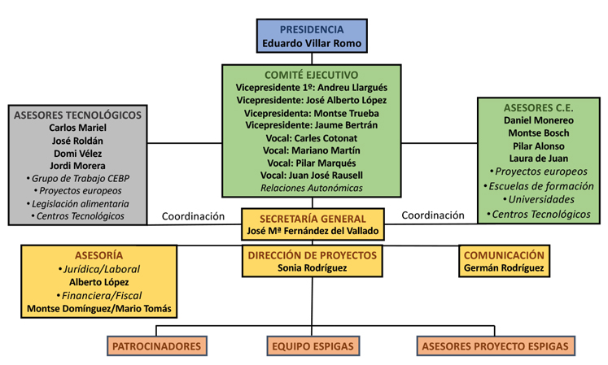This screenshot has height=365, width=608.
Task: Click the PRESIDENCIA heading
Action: coord(312,29)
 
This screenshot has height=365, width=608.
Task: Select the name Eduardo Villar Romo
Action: coord(312,43)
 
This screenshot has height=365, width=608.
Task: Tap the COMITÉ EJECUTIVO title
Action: coord(312,75)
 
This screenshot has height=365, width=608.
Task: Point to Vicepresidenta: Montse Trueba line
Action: coord(312,113)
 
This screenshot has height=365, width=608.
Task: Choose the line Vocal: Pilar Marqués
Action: coord(312,163)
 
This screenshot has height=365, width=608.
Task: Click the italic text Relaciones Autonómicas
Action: coord(312,188)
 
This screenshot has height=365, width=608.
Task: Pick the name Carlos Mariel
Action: coord(77,128)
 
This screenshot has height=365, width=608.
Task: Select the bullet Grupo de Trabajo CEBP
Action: coord(77,178)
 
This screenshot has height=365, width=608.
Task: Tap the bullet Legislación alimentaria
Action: coord(77,204)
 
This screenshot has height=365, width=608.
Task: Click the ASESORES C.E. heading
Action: coord(539,108)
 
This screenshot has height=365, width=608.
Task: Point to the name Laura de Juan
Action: coord(539,159)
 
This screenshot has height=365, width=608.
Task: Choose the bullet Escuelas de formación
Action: coord(539,186)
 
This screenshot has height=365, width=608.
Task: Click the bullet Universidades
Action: coord(539,199)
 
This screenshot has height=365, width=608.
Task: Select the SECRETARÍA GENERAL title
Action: coord(313,219)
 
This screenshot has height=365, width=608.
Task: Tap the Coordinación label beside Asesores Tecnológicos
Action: coord(193,216)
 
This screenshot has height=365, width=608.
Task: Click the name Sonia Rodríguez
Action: coord(313,267)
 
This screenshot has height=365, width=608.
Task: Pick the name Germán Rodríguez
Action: coord(504,267)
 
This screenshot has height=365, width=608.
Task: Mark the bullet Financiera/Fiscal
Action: coord(98,296)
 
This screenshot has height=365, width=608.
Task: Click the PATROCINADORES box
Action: coord(156,346)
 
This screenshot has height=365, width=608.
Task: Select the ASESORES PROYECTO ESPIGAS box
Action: coord(496,346)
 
